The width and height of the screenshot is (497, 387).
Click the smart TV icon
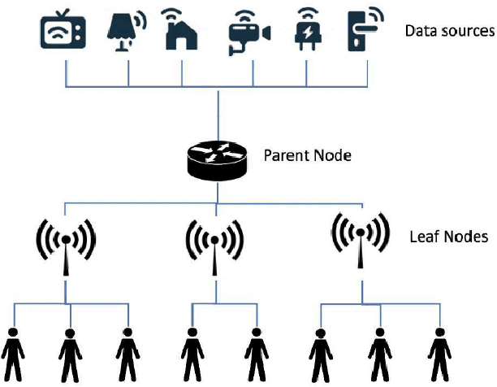63,32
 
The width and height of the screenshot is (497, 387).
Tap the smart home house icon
181,32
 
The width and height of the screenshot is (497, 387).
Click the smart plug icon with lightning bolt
306,31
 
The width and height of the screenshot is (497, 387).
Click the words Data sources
449,32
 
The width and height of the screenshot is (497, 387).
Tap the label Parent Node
307,154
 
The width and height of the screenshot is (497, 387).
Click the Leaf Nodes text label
448,237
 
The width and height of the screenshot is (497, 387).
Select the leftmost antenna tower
67,244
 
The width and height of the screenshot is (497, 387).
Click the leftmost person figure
14,355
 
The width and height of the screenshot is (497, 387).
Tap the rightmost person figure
438,355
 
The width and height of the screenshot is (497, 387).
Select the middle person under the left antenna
71,355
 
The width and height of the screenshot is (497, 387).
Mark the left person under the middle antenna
192,355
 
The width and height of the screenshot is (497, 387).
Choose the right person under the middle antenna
255,355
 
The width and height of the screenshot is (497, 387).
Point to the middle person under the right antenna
378,355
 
